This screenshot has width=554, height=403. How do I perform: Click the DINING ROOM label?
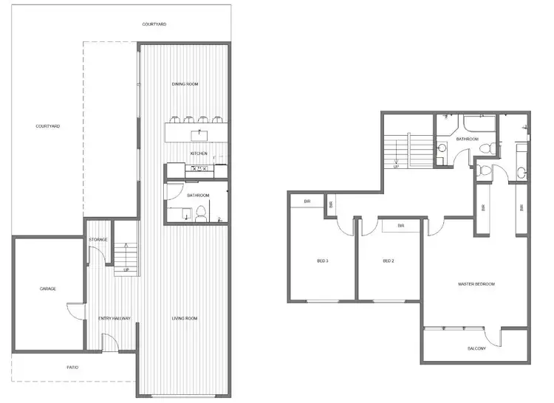click(185, 84)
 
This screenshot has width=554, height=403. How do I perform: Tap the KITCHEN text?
click(199, 154)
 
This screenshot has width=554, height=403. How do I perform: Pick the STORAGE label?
click(98, 240)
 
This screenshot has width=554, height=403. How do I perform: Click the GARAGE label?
click(48, 289)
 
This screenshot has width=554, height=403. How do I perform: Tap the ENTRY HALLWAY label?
click(114, 319)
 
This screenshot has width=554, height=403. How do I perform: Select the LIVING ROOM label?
click(185, 319)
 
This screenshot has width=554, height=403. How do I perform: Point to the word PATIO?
click(72, 367)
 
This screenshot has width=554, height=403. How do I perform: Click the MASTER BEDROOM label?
click(476, 284)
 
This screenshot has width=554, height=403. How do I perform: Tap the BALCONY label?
click(476, 348)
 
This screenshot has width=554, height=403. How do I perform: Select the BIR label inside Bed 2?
click(401, 226)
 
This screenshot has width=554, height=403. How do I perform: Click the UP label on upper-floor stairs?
click(396, 166)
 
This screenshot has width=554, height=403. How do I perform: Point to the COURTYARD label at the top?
click(154, 24)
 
